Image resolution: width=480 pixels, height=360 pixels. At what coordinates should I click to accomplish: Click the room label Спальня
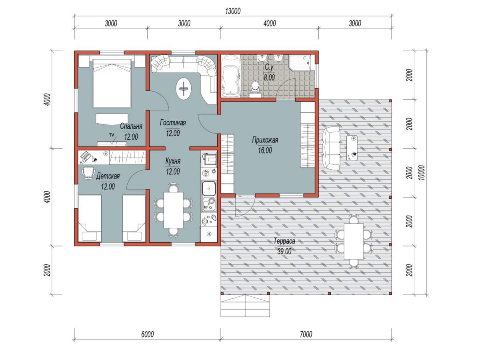(x=131, y=126)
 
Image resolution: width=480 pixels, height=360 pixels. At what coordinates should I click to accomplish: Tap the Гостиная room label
(x=173, y=123)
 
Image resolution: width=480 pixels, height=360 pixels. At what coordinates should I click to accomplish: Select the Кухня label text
(x=173, y=161)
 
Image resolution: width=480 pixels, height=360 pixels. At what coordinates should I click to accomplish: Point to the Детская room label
(x=108, y=176)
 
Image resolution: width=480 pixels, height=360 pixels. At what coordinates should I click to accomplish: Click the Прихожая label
(x=265, y=140)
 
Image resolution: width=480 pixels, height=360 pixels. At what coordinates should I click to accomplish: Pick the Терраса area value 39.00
(x=284, y=252)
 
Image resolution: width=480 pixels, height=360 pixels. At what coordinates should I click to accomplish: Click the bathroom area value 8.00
(x=269, y=78)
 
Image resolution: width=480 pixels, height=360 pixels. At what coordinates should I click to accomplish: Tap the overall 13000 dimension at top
(x=233, y=11)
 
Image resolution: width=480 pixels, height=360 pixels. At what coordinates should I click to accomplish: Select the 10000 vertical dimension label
(x=422, y=172)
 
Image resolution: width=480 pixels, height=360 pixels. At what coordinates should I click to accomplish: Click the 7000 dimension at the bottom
(x=306, y=334)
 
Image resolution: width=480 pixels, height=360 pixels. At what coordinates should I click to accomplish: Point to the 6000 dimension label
(x=147, y=334)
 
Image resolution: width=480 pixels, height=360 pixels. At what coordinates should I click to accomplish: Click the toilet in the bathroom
(x=255, y=89)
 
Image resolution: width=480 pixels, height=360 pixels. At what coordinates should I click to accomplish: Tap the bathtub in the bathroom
(x=231, y=76)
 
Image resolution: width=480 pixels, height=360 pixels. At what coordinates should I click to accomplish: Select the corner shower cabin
(x=300, y=63)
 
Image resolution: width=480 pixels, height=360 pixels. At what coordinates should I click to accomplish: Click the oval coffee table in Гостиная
(x=184, y=88)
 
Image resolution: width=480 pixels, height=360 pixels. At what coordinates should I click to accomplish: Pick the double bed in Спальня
(x=112, y=84)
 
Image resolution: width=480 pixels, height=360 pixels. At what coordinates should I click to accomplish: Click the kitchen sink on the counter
(x=209, y=188)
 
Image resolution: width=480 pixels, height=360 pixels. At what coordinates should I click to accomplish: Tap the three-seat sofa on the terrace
(x=331, y=148)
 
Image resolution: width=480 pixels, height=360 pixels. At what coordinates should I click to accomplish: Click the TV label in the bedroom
(x=112, y=135)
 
